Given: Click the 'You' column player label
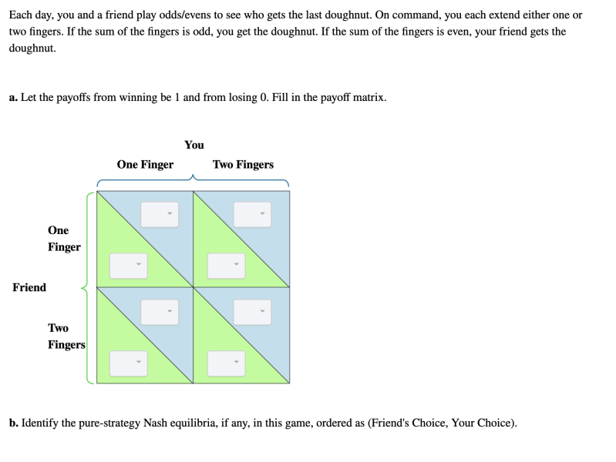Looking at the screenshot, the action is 194,145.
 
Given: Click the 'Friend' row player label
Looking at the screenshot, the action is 29,287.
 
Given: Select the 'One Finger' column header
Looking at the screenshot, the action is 145,165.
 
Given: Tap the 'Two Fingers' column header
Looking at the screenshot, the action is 243,165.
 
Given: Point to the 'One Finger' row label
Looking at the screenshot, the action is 64,239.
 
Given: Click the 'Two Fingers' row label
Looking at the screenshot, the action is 66,336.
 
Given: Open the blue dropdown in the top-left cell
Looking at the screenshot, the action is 160,214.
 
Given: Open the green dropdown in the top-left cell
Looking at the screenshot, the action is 129,266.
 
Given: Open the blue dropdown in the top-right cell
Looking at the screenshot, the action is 252,214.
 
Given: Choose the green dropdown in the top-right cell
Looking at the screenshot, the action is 227,266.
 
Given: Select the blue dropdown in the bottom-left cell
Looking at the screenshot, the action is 160,312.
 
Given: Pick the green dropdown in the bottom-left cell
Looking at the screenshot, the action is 129,363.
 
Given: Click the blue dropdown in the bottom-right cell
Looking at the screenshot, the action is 252,312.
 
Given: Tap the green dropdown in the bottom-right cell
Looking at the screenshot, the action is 227,363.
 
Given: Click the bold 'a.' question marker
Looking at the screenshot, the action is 13,97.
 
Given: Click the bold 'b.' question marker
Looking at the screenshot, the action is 14,423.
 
